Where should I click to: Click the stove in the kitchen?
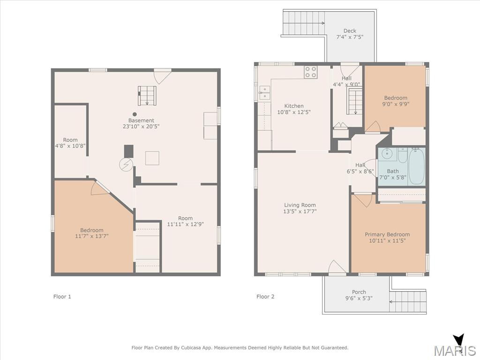click(x=310, y=72)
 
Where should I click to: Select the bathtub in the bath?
click(x=417, y=166)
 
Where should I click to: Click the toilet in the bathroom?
click(x=402, y=156)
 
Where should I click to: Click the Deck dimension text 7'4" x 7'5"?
click(x=350, y=37)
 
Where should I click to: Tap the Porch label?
click(x=359, y=292)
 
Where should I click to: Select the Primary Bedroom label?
click(x=387, y=234)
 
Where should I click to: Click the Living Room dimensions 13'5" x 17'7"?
click(x=300, y=211)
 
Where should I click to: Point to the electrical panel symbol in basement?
click(x=126, y=165)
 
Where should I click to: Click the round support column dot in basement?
click(x=135, y=114)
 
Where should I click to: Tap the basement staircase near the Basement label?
click(x=147, y=96)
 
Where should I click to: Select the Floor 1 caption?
click(x=62, y=296)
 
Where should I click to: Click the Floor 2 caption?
click(x=265, y=296)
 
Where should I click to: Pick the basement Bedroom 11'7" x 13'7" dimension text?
click(x=92, y=236)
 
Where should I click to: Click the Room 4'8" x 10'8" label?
click(x=70, y=143)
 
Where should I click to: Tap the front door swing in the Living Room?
click(x=337, y=267)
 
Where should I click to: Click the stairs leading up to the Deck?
click(x=304, y=23)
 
